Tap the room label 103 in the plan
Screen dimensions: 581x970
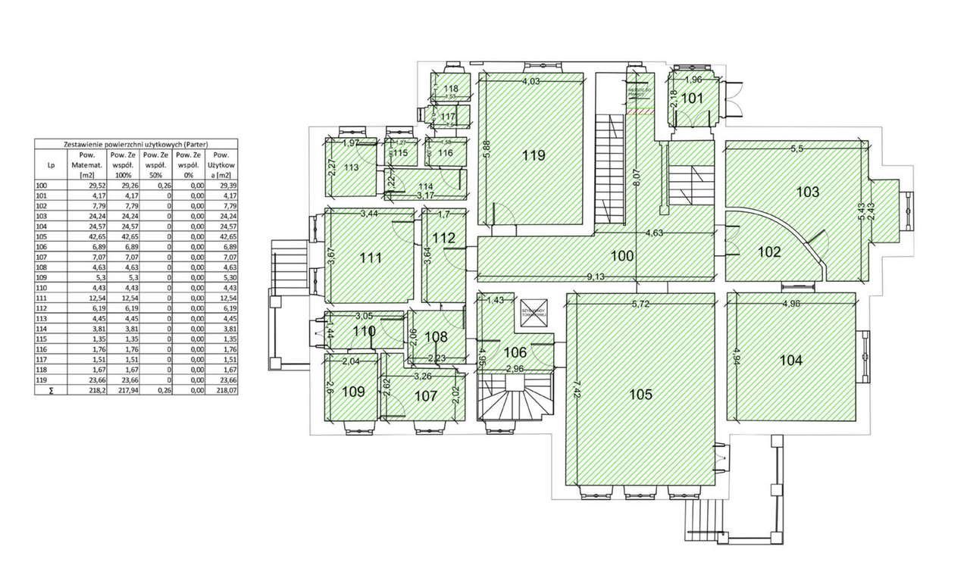pyautogui.click(x=808, y=192)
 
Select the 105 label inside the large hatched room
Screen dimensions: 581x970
pyautogui.click(x=640, y=395)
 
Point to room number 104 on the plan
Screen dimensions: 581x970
pyautogui.click(x=790, y=361)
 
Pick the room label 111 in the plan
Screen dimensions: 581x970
pyautogui.click(x=371, y=258)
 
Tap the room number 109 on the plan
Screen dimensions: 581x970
pyautogui.click(x=353, y=392)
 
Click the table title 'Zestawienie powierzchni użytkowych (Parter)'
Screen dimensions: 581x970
pyautogui.click(x=136, y=144)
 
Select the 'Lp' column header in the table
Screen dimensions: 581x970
pyautogui.click(x=51, y=164)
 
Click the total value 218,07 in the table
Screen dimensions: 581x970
pyautogui.click(x=221, y=390)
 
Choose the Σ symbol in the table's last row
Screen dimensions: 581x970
pyautogui.click(x=51, y=390)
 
